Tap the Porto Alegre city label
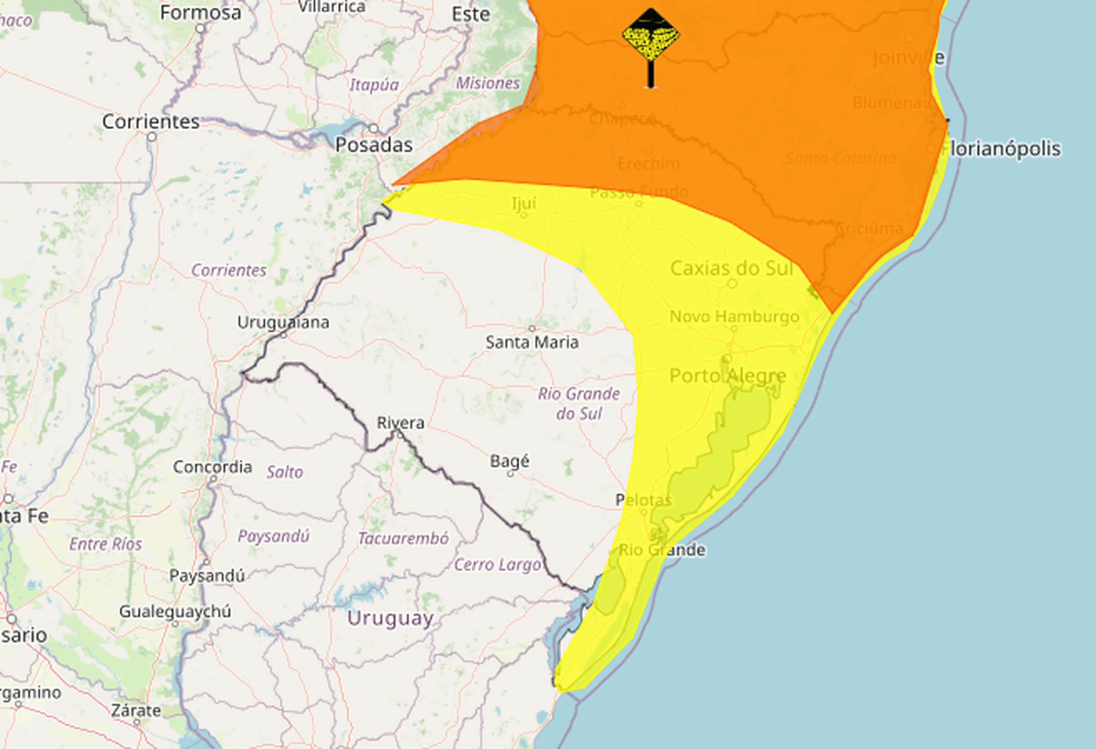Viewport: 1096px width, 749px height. click(728, 376)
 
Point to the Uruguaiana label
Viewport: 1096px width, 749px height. click(283, 323)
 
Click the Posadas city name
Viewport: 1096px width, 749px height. click(374, 145)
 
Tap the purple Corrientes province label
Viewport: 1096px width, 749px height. click(229, 270)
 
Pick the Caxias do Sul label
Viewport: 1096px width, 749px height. click(732, 268)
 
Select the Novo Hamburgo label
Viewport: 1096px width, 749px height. click(734, 317)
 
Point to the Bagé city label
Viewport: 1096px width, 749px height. click(509, 461)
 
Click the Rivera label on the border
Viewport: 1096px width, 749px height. click(400, 423)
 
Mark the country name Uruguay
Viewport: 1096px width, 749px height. click(390, 618)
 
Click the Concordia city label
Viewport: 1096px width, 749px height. click(212, 467)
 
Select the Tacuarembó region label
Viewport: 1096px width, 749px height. click(403, 538)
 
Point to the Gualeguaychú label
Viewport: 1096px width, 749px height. click(175, 611)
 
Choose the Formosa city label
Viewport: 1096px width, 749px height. click(200, 13)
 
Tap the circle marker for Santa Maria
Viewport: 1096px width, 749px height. click(532, 328)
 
